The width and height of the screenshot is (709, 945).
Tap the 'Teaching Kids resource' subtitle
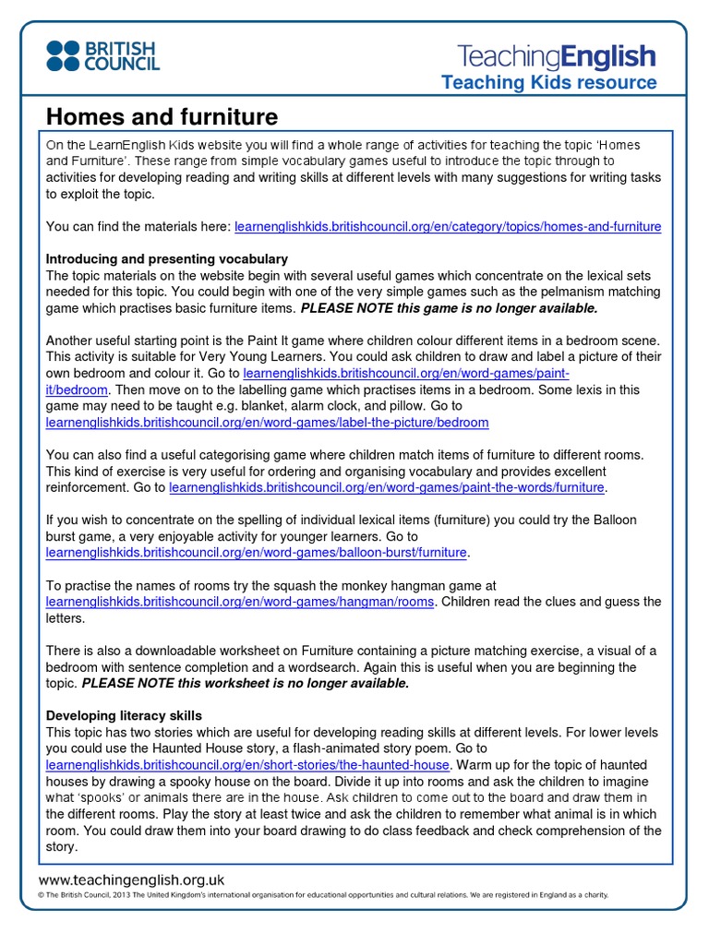(x=548, y=83)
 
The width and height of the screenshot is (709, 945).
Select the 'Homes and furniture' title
(x=162, y=117)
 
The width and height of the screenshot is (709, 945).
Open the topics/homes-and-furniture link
(x=448, y=226)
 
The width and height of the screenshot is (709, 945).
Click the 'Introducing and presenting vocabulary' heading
(x=167, y=259)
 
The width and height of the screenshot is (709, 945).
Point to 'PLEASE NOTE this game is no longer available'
(x=450, y=308)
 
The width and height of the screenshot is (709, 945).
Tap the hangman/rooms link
(x=240, y=602)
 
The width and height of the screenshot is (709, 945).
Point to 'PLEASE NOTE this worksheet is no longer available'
(x=246, y=683)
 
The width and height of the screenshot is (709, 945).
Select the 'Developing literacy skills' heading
(x=124, y=716)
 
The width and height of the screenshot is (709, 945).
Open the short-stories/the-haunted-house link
(x=247, y=765)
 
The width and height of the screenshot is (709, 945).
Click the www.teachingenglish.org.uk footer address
(x=131, y=880)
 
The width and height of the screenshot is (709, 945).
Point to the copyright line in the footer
(x=323, y=895)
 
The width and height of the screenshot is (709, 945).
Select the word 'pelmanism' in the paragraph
(x=557, y=292)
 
